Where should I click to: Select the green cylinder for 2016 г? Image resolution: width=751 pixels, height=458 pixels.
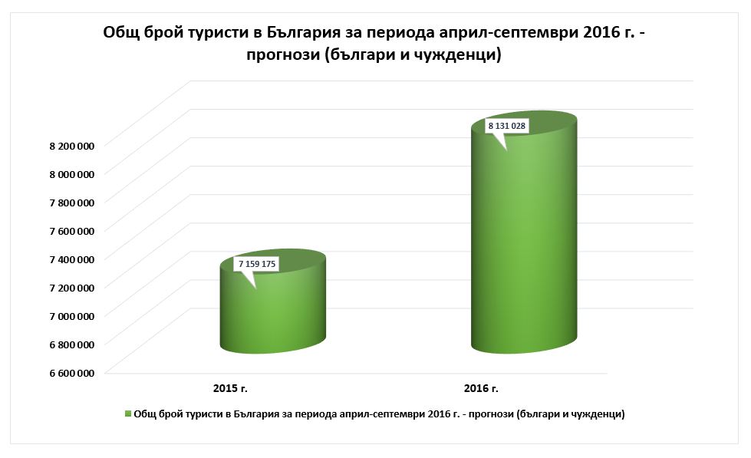coord(524,245)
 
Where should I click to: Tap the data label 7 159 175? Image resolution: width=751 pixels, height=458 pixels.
coord(257,264)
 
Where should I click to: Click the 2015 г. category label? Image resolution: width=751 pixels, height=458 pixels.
coord(230,387)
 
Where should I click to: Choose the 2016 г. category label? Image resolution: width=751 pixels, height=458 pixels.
coord(482,387)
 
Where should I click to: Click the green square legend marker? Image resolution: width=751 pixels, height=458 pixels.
coord(128,414)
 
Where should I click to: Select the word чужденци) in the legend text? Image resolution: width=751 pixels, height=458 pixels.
coord(598,414)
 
